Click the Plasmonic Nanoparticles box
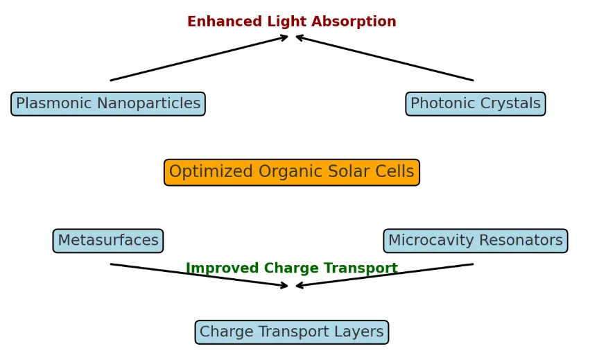[x=108, y=103]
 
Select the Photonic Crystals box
[x=475, y=103]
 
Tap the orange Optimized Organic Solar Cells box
[x=292, y=172]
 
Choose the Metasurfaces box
[x=108, y=241]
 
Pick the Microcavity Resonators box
[x=475, y=241]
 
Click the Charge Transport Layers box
[x=292, y=332]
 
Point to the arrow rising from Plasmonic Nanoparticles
[x=199, y=58]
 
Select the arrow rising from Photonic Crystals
[x=385, y=58]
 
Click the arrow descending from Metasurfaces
[x=199, y=275]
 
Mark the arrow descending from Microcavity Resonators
[x=385, y=275]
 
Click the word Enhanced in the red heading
[x=225, y=22]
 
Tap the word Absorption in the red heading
[x=354, y=22]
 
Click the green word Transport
[x=361, y=268]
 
